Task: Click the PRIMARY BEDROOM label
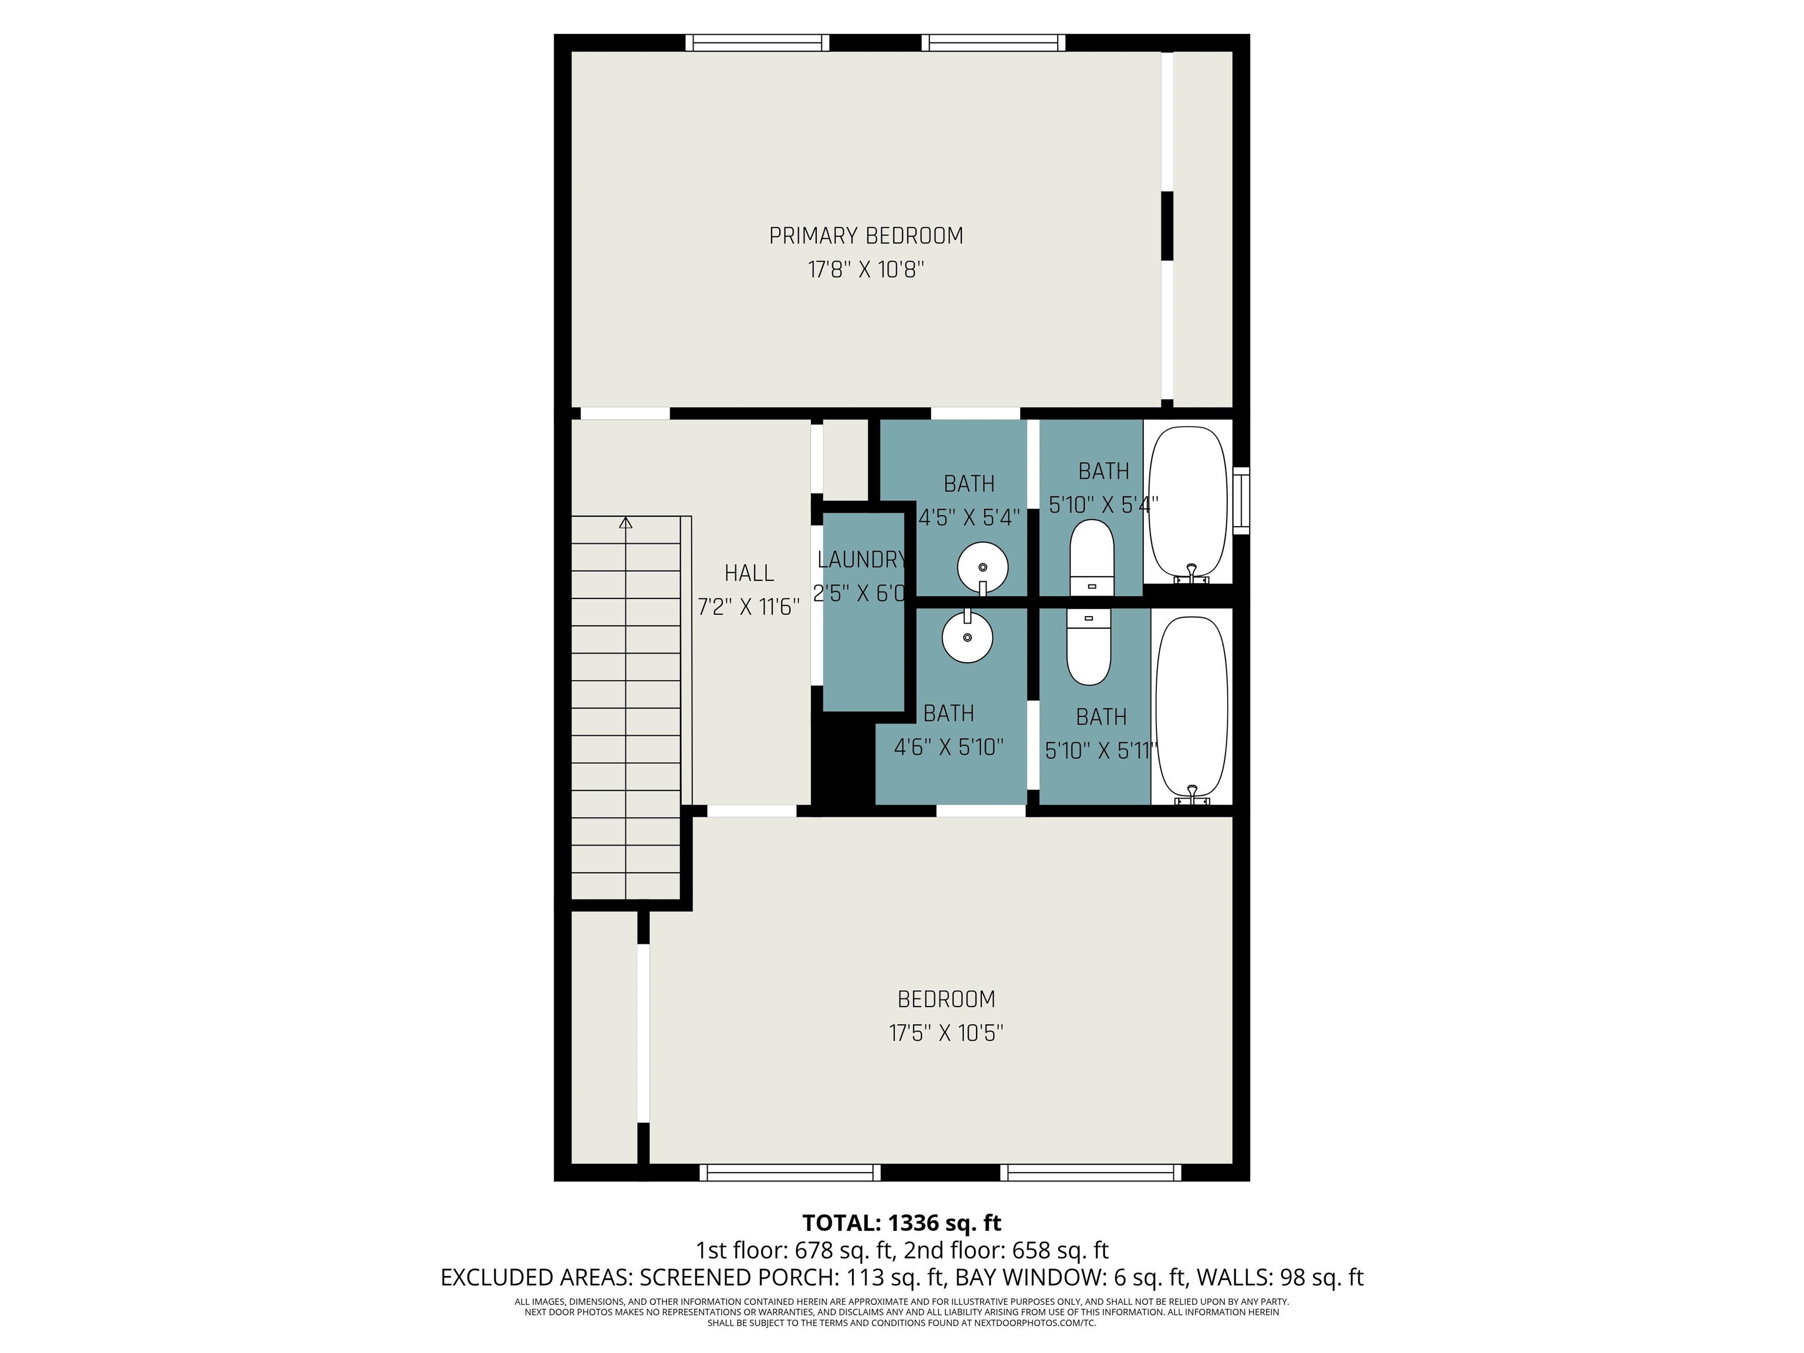[866, 235]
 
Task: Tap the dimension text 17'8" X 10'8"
[866, 269]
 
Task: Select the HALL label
[749, 573]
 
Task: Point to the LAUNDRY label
[862, 560]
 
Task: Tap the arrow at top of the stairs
[625, 522]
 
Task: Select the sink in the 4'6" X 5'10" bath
[967, 636]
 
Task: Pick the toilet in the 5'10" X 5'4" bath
[1091, 558]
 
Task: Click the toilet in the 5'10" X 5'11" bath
[1089, 648]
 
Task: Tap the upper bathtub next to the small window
[1187, 504]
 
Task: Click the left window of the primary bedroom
[757, 42]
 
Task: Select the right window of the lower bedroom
[1091, 1173]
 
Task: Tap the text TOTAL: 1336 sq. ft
[901, 1223]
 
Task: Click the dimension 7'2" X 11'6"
[749, 607]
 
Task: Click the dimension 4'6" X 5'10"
[948, 747]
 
